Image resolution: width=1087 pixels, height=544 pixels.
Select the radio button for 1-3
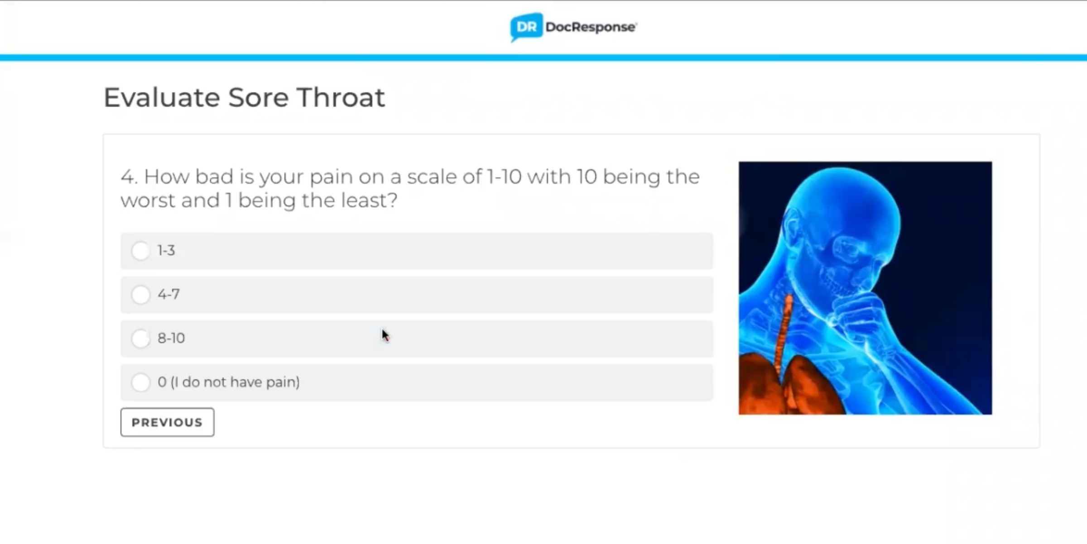coord(140,251)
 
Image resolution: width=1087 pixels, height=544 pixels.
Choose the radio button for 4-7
coord(140,295)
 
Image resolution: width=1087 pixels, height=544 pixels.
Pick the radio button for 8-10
coord(140,339)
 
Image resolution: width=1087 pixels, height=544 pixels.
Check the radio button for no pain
coord(140,382)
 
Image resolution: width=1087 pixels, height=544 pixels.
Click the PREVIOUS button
coord(167,422)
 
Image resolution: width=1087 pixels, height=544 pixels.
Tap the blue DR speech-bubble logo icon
coord(526,27)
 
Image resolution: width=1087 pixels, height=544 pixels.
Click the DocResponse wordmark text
coord(591,27)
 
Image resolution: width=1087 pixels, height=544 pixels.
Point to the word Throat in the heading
coord(341,97)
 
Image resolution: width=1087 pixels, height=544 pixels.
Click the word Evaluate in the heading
coord(162,97)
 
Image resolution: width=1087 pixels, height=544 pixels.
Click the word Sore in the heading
coord(258,97)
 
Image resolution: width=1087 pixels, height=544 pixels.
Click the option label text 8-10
coord(171,339)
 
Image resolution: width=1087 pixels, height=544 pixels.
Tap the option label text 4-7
coord(168,295)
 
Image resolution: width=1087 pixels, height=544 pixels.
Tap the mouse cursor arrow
coord(385,336)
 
